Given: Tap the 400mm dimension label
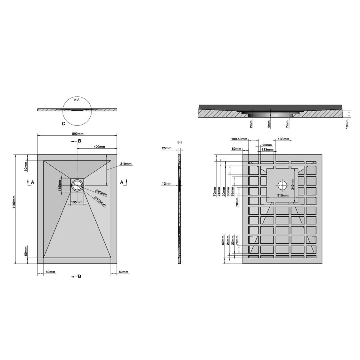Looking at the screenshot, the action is (99, 147).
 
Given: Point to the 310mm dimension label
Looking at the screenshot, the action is (126, 164).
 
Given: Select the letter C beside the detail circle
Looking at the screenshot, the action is (64, 124).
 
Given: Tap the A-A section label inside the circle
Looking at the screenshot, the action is (77, 100).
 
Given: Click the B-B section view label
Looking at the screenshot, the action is (180, 142).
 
